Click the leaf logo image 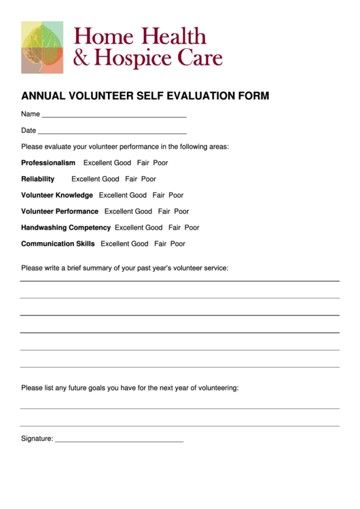[42, 47]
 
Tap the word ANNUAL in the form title [41, 96]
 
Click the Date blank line [112, 133]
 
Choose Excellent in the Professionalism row [98, 163]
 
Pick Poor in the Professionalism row [160, 163]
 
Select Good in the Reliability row [111, 179]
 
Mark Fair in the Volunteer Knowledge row [158, 196]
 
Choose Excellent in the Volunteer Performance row [119, 211]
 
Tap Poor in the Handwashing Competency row [192, 228]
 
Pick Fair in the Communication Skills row [160, 244]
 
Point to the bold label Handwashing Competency [66, 228]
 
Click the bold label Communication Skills [58, 244]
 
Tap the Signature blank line [119, 442]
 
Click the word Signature [37, 439]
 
